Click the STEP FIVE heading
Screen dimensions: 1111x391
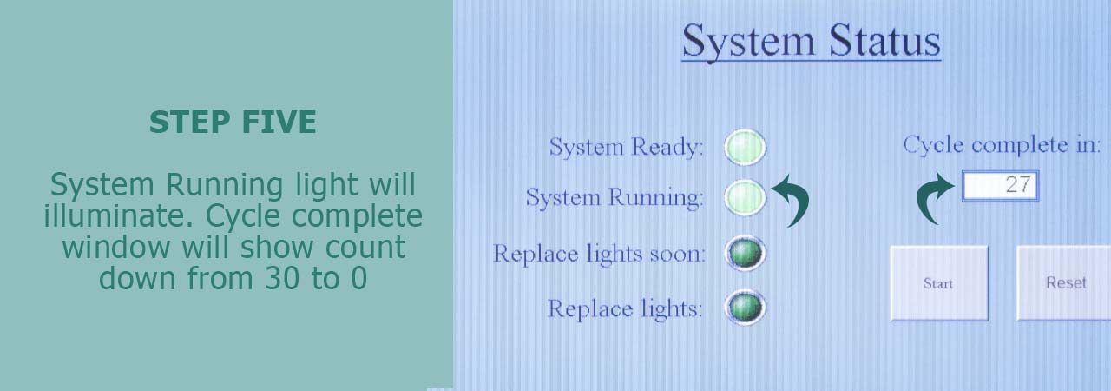(x=233, y=122)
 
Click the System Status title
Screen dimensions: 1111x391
(x=812, y=42)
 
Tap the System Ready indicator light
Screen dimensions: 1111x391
(x=745, y=148)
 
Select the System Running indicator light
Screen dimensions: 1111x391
(x=745, y=197)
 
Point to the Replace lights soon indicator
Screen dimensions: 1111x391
(x=745, y=253)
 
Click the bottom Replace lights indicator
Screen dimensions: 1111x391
(x=745, y=308)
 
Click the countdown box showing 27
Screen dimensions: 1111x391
(x=1000, y=186)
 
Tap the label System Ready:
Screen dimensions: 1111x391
(x=626, y=147)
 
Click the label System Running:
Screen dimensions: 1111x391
(x=615, y=197)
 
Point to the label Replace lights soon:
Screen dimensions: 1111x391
(x=599, y=254)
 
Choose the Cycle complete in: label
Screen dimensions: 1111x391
(x=1002, y=145)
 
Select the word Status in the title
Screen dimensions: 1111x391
(x=884, y=41)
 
